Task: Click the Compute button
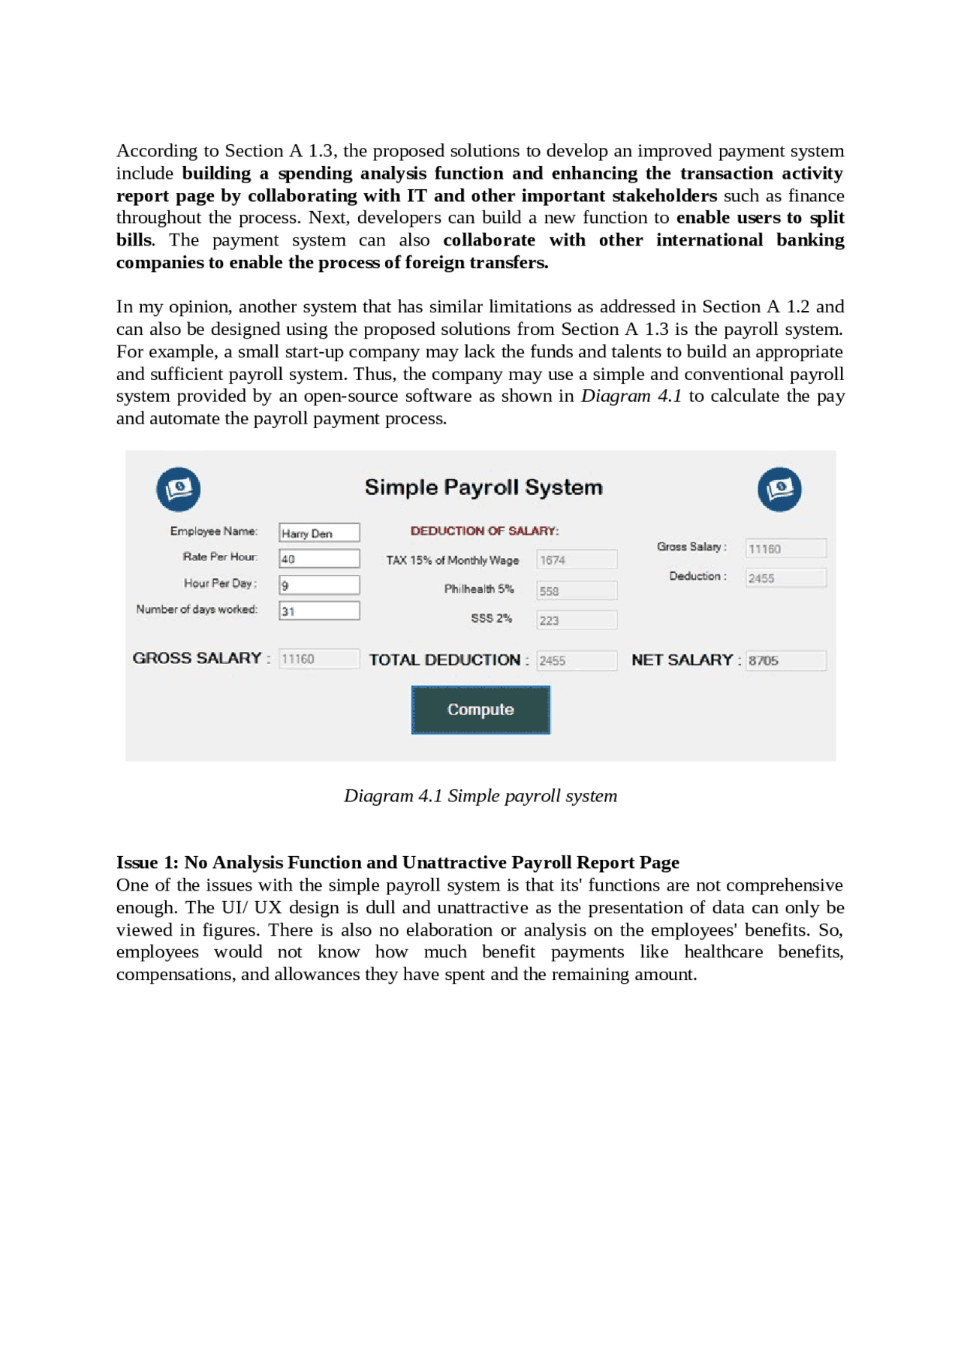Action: (x=480, y=709)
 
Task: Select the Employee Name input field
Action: (x=319, y=532)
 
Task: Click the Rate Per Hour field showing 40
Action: (x=319, y=559)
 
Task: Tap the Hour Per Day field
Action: (x=319, y=585)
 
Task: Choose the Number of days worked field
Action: (x=319, y=611)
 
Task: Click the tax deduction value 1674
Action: (x=577, y=559)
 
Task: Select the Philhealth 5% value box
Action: (x=577, y=590)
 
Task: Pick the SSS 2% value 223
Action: (x=577, y=620)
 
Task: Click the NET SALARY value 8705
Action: (x=785, y=660)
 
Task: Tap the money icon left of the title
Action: (x=179, y=489)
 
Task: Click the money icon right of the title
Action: (x=779, y=489)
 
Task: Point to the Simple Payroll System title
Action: (x=484, y=487)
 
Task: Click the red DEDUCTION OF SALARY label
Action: (x=484, y=531)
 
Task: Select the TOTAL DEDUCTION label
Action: (x=448, y=660)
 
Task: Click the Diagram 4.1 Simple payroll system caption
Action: (x=480, y=795)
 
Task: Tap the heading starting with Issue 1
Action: (x=397, y=862)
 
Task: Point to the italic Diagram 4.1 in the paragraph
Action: (x=631, y=396)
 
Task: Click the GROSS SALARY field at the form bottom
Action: (x=319, y=659)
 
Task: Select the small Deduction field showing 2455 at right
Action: (x=785, y=577)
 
